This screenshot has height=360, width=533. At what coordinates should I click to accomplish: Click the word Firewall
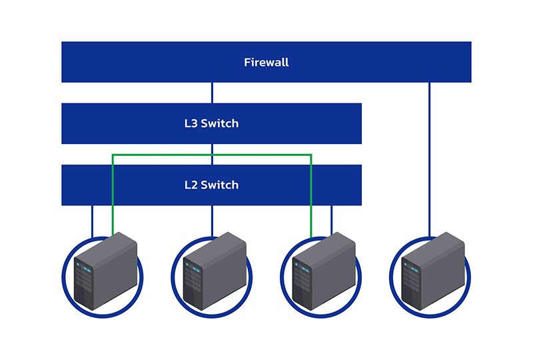266,63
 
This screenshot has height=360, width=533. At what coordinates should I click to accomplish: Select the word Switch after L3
220,123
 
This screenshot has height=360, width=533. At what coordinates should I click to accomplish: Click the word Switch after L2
220,185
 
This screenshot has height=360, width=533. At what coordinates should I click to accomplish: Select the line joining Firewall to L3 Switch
212,93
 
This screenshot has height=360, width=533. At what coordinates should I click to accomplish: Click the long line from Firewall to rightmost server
430,160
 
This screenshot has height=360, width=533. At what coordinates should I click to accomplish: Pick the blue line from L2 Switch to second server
212,220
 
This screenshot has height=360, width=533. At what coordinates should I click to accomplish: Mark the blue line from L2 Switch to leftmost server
93,220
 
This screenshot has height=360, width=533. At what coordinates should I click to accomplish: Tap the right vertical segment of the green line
311,193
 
